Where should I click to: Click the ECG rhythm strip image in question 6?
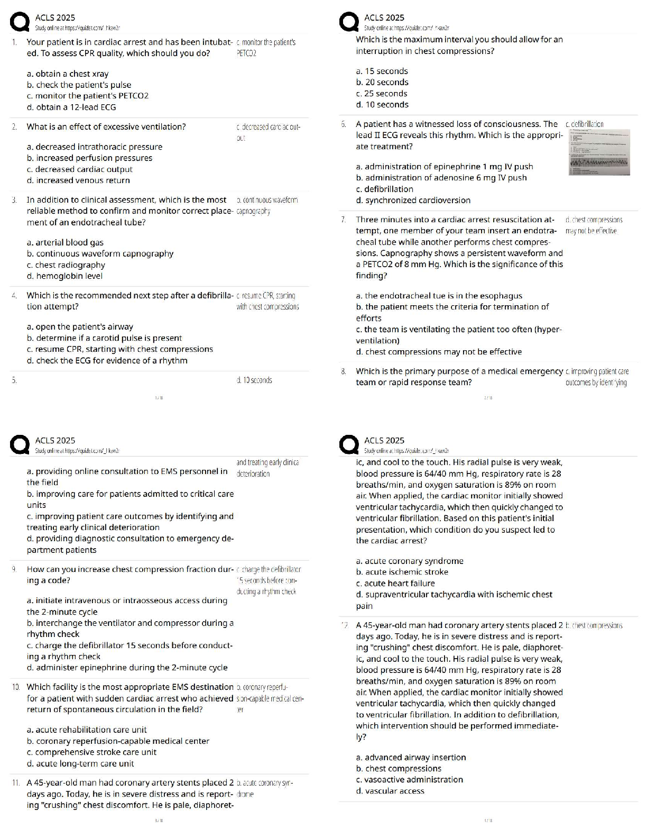pos(599,152)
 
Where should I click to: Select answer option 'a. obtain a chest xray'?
pos(68,74)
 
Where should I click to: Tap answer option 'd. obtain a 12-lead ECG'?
pos(71,107)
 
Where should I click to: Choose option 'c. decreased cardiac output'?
pos(80,169)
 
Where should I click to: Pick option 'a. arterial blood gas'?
pos(65,242)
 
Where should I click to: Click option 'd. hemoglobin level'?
pos(64,276)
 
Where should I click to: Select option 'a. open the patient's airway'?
pos(80,326)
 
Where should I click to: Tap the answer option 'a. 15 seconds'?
pos(382,71)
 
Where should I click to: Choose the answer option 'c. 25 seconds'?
pos(382,93)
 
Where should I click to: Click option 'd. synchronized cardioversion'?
pos(413,200)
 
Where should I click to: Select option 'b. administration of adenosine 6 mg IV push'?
pos(441,178)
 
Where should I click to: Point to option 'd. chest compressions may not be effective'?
pos(439,352)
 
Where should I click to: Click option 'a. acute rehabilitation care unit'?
pos(87,730)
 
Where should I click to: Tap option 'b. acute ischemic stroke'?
pos(402,572)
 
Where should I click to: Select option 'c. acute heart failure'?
pos(395,583)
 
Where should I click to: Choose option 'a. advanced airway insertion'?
pos(411,757)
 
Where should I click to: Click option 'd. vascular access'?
pos(390,791)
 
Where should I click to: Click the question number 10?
pos(16,687)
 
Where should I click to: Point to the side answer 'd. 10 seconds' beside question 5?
pos(254,380)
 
